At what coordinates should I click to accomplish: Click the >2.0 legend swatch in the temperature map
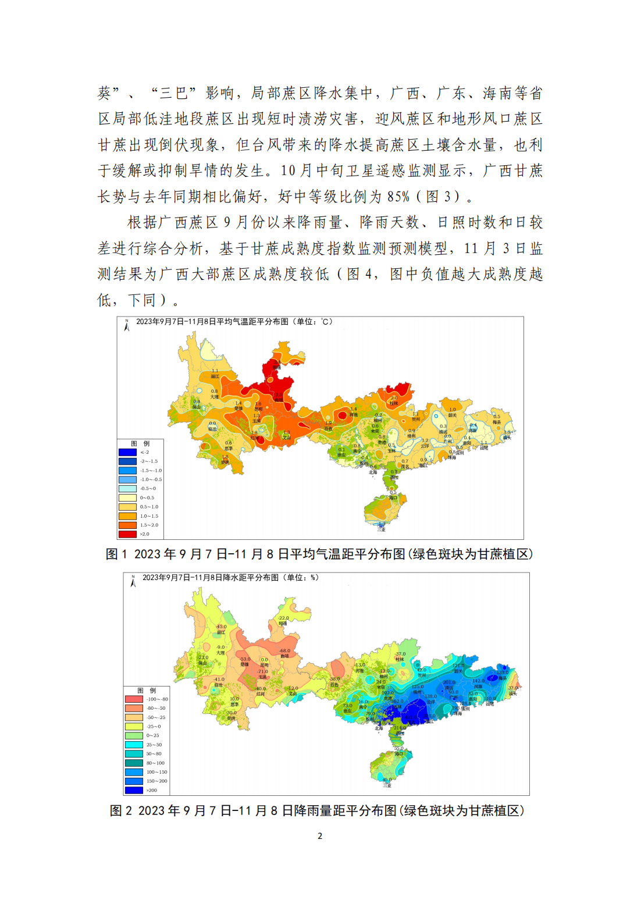click(x=127, y=534)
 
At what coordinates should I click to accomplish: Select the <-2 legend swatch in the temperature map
click(x=127, y=452)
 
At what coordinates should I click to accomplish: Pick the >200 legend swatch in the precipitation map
click(x=134, y=790)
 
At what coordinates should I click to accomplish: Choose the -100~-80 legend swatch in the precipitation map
click(x=134, y=699)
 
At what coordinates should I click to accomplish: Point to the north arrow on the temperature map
click(x=127, y=326)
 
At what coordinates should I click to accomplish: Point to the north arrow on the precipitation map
click(x=133, y=582)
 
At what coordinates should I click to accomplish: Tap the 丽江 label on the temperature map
click(x=215, y=376)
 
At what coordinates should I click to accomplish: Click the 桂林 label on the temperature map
click(x=394, y=403)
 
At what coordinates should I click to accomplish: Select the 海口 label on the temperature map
click(x=393, y=497)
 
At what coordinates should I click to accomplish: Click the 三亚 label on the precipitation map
click(x=387, y=785)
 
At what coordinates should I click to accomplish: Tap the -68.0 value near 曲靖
click(x=284, y=651)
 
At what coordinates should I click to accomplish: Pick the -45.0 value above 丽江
click(x=222, y=627)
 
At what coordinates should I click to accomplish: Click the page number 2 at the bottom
click(x=320, y=836)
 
